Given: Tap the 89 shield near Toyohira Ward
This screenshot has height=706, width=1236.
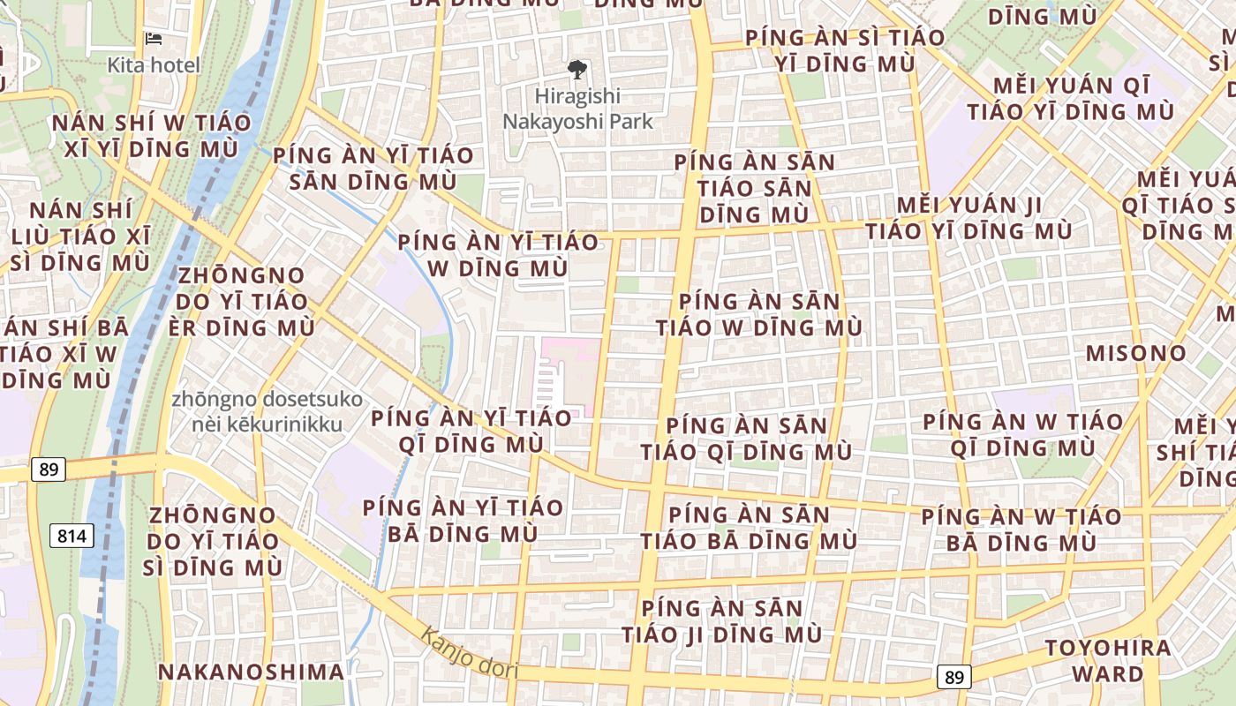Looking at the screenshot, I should pos(953,677).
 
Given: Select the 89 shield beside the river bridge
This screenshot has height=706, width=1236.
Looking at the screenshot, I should pos(49,469).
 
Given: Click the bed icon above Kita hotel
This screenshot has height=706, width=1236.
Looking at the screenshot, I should pos(154,40).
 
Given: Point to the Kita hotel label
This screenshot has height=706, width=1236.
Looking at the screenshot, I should pos(154,64).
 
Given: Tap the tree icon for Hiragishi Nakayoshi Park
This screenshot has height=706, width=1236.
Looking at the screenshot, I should pos(578,69).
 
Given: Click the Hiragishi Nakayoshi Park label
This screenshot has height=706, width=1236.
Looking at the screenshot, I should pos(578,109).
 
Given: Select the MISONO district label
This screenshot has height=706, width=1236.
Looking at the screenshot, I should pos(1136,354).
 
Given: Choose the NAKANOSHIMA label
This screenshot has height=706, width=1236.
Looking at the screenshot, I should pos(252,672).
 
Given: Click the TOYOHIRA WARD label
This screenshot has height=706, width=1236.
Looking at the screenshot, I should pos(1108,661).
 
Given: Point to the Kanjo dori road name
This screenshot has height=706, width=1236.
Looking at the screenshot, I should pos(468,653).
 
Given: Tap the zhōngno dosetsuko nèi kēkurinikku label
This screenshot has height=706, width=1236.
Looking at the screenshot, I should pos(267,412).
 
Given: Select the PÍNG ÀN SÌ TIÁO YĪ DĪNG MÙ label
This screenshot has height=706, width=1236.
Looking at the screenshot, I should pos(845,51).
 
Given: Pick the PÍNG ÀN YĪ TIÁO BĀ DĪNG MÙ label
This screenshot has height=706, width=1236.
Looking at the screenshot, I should pos(463,521).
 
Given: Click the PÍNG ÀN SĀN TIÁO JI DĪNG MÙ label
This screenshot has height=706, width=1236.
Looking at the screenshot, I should pos(721,621).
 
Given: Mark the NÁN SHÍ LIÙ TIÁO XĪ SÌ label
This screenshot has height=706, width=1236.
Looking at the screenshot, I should pos(80,237).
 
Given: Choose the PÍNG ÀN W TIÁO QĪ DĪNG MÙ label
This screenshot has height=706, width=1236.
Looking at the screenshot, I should pos(1022,434).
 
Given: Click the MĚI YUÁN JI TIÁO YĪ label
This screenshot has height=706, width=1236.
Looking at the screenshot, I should pos(968,218).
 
